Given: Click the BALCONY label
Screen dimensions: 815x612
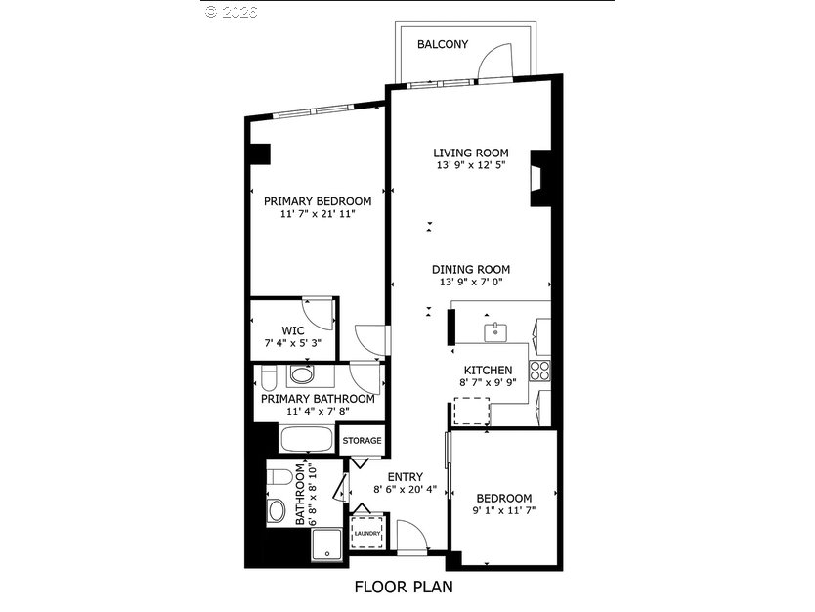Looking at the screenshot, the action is tap(443, 44).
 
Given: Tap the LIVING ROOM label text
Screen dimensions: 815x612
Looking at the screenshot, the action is tap(471, 153).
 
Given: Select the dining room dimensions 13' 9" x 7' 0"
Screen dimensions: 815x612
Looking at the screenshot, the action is tap(471, 283).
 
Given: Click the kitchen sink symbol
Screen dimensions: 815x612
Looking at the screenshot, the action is tap(495, 331).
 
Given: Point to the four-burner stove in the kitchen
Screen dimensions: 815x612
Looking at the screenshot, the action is tap(539, 371).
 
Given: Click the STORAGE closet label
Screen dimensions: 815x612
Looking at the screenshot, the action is tap(362, 440).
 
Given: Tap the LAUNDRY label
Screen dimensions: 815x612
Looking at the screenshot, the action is tap(367, 534).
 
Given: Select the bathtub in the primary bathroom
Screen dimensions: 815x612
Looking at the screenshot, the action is tap(307, 440).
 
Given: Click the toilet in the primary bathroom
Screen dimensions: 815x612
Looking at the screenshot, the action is tap(269, 378).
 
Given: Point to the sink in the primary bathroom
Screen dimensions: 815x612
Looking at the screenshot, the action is tap(302, 374).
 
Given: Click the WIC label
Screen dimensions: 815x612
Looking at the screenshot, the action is tap(293, 331).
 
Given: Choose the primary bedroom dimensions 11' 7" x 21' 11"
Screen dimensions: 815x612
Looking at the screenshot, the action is tap(317, 214).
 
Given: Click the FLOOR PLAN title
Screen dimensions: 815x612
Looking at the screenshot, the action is tap(404, 587).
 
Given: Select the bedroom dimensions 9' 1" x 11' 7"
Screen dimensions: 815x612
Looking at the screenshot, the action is tap(503, 510).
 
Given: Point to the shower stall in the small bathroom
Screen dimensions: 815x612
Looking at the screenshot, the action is tap(326, 545).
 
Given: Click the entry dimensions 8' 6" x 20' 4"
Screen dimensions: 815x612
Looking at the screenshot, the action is tap(405, 489).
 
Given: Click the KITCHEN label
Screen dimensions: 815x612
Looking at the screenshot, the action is tap(488, 371).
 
